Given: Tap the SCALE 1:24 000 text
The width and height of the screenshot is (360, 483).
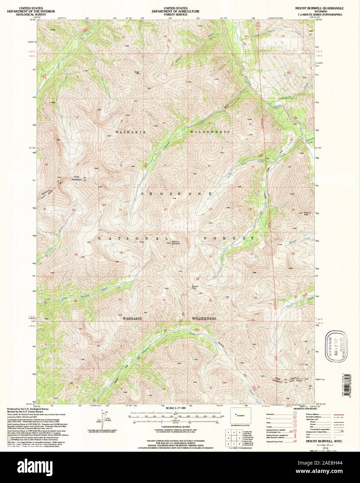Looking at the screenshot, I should [x=175, y=408].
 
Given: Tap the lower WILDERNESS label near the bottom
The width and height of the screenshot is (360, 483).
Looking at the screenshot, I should [x=204, y=319].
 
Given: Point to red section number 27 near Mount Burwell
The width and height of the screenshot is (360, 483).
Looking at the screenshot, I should [x=165, y=256].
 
